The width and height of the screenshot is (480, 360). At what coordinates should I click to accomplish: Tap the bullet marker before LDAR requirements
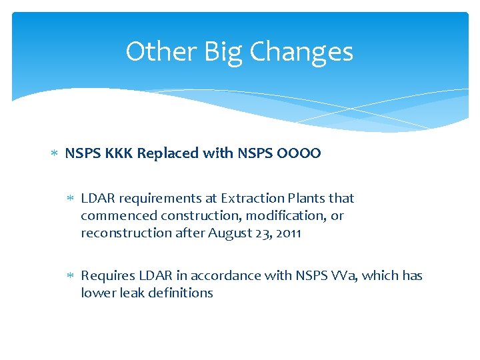pyautogui.click(x=71, y=199)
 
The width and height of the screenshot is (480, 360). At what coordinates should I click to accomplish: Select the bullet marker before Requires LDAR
pyautogui.click(x=71, y=276)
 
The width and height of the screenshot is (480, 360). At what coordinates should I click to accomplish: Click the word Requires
pyautogui.click(x=108, y=275)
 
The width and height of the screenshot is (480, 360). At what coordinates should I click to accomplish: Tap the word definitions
pyautogui.click(x=180, y=293)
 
